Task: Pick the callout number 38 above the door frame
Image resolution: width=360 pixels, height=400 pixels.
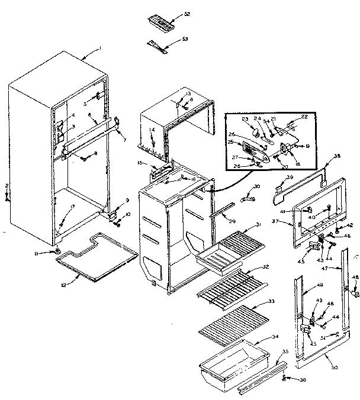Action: coord(337,157)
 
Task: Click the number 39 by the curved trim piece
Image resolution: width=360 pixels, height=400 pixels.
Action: coord(290,177)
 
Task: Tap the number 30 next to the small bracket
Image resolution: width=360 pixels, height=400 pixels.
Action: coord(256,187)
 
